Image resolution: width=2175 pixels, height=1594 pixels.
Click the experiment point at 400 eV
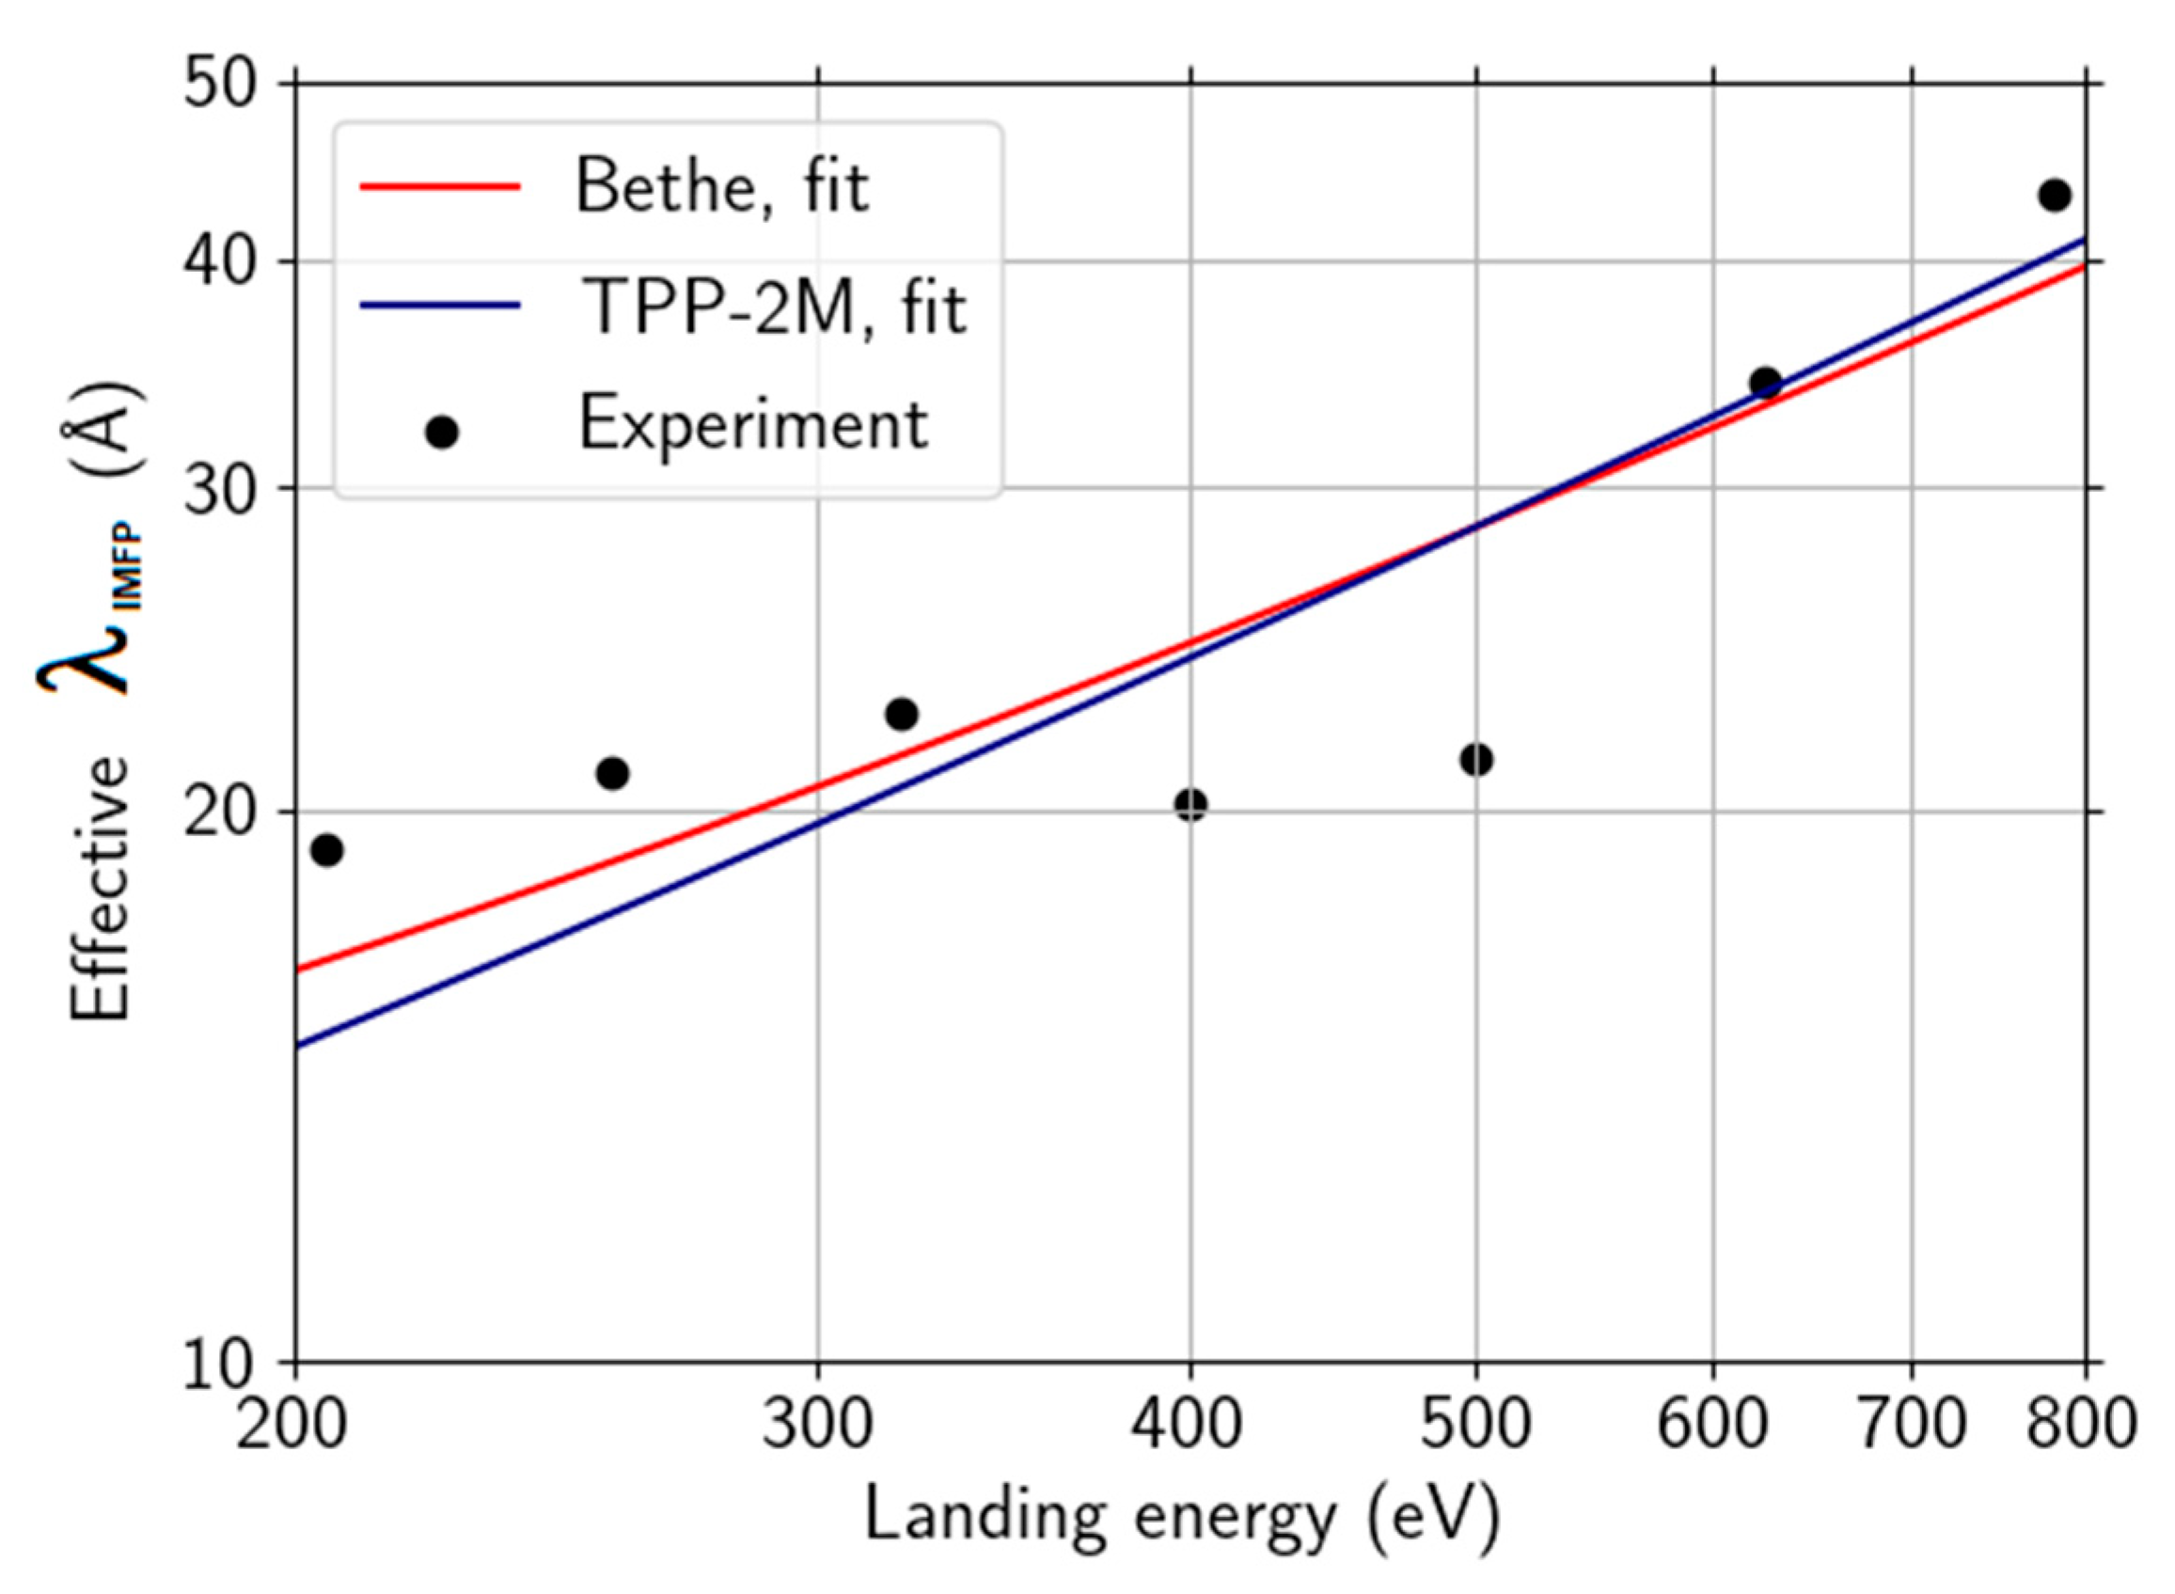tap(1190, 804)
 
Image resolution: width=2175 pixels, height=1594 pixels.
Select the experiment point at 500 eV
tap(1475, 759)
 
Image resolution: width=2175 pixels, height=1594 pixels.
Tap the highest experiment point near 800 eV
tap(2055, 195)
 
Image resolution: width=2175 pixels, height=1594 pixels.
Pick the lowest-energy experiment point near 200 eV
tap(327, 850)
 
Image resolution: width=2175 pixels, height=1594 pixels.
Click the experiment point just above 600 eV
tap(1765, 383)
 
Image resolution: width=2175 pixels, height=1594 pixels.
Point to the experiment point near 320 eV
tap(901, 714)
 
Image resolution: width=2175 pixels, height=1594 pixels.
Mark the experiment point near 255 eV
tap(612, 773)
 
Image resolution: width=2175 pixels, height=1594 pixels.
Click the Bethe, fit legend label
tap(721, 186)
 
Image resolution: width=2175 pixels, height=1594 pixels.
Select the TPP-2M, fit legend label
tap(774, 307)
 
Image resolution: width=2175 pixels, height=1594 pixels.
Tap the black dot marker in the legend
tap(442, 432)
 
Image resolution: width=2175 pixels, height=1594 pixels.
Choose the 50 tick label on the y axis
tap(220, 85)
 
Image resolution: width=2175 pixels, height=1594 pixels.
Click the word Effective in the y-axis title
tap(100, 887)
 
